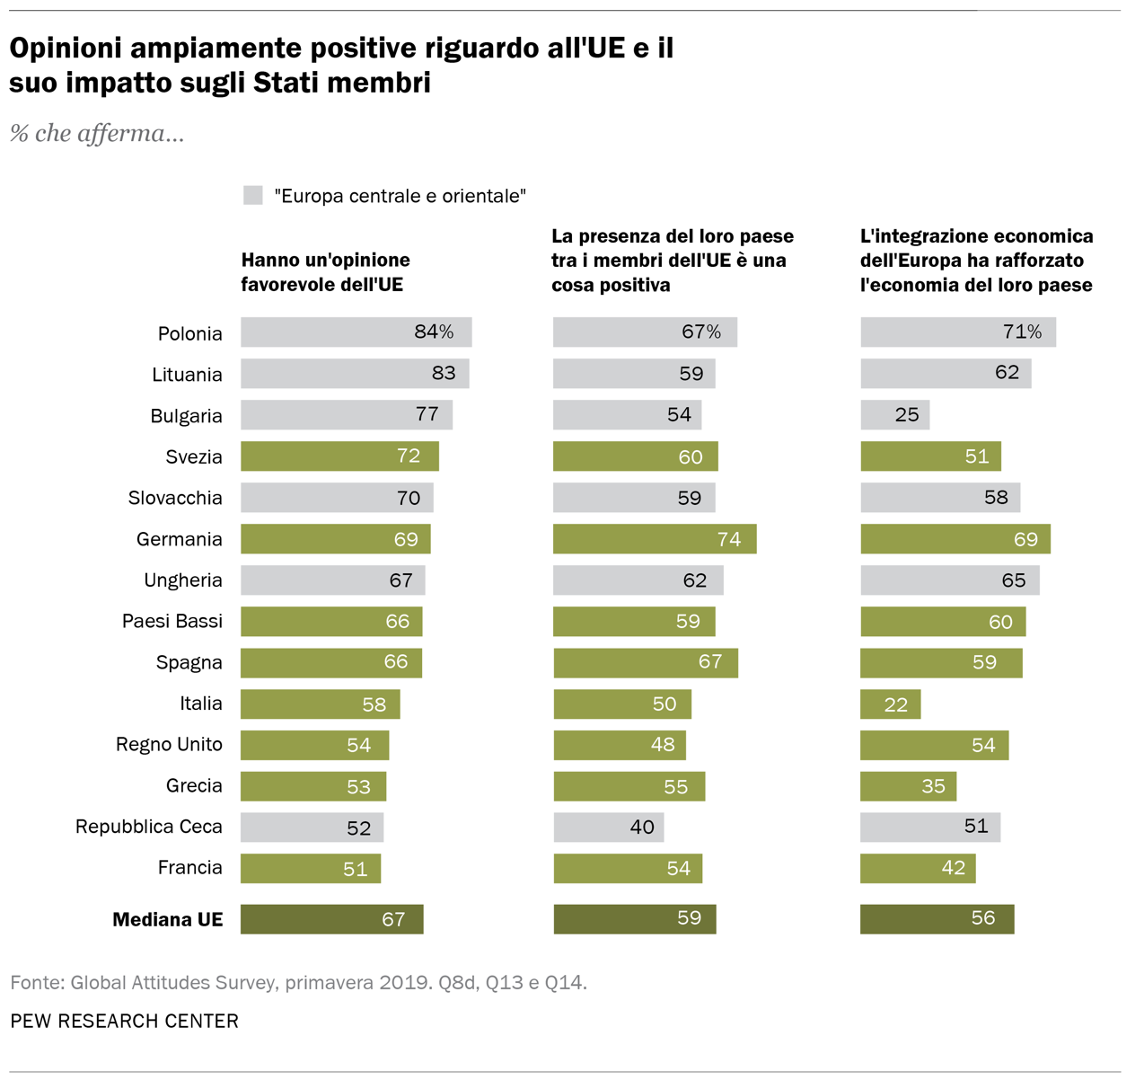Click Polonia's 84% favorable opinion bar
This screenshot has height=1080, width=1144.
356,332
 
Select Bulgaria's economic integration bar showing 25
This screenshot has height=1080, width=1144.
895,415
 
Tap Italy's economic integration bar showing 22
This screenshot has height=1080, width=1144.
890,704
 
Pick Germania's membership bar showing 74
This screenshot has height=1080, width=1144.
655,539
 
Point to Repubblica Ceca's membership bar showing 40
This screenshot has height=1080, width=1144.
609,827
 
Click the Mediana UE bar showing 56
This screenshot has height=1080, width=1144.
937,918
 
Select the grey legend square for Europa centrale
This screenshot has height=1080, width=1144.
253,195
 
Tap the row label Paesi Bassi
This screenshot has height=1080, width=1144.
172,621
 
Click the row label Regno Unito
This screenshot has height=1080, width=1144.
169,744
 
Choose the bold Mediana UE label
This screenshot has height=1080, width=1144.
167,919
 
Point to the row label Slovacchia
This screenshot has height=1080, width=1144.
175,498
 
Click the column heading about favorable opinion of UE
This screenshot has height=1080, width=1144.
325,272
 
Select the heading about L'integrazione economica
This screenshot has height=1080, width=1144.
976,261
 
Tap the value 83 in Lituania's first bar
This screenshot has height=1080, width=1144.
444,373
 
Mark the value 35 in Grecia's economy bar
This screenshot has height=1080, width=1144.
933,786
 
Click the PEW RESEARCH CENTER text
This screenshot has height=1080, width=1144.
125,1022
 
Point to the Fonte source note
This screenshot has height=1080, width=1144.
298,982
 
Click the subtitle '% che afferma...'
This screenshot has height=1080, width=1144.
97,134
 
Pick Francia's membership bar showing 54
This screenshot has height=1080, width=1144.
628,868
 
